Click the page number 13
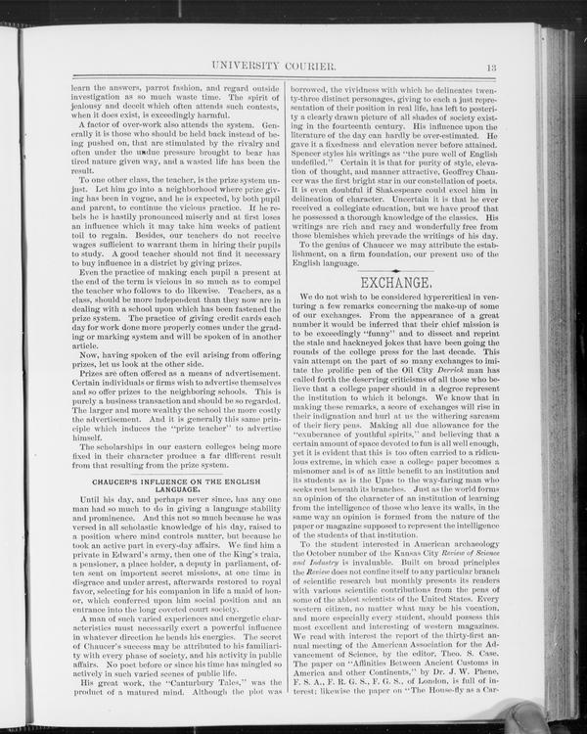point(490,67)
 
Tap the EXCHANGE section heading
point(396,284)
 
